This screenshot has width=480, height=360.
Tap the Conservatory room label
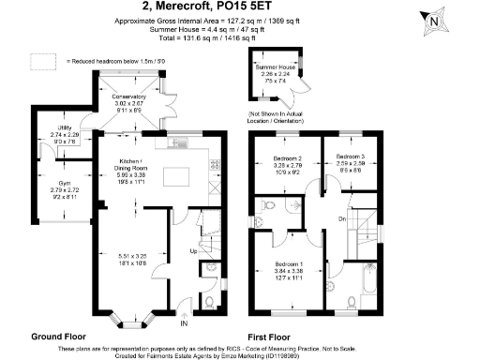129,97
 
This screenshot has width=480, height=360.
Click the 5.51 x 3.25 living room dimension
130,256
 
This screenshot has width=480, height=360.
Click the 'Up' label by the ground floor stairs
194,251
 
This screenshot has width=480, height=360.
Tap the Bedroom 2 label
285,157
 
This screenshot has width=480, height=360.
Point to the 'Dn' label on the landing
342,218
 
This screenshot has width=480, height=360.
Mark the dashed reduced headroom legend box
43,61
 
